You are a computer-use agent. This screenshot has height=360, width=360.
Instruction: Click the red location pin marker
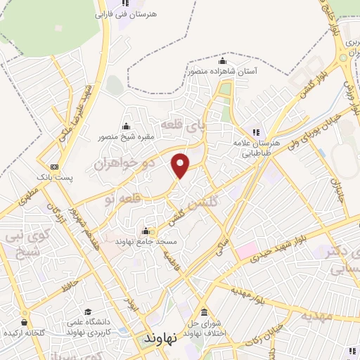tap(181, 165)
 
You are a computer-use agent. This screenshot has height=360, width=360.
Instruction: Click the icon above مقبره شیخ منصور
tap(126, 126)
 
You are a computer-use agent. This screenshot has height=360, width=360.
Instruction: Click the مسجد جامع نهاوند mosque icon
tap(146, 231)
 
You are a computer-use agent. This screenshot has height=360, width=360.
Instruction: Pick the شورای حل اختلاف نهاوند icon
tap(204, 319)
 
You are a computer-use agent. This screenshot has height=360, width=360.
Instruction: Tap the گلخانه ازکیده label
tap(25, 331)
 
